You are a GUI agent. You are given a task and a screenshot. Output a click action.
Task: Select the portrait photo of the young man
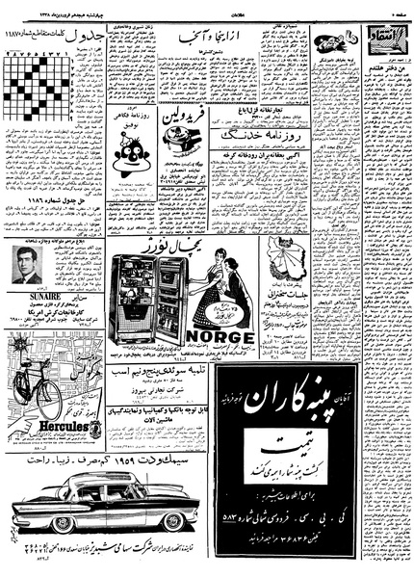point(28,264)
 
